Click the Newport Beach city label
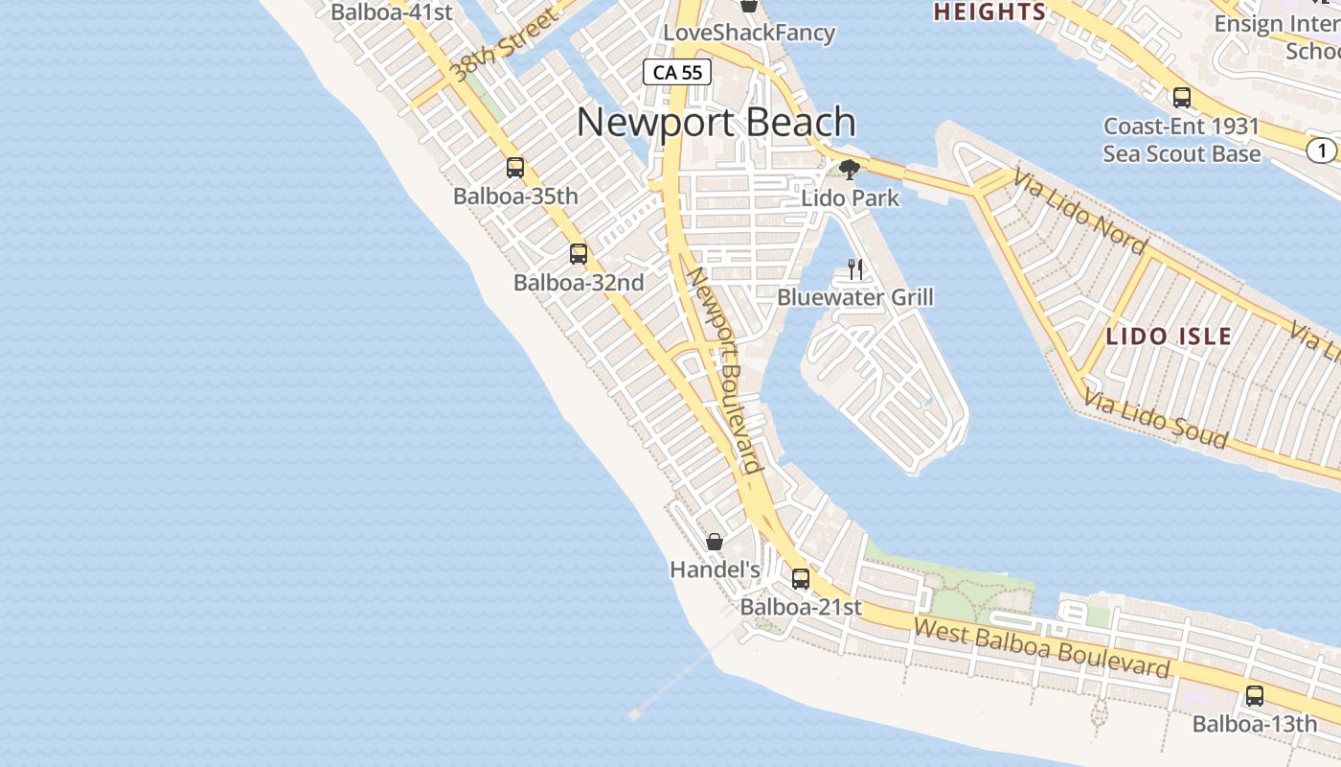pyautogui.click(x=716, y=123)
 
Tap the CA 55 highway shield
pyautogui.click(x=677, y=72)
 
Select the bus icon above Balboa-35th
pyautogui.click(x=515, y=168)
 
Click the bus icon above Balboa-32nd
pyautogui.click(x=579, y=254)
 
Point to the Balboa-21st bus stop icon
pyautogui.click(x=801, y=579)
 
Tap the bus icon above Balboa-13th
pyautogui.click(x=1255, y=697)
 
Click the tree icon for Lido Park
pyautogui.click(x=849, y=170)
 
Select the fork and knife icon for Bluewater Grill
pyautogui.click(x=855, y=269)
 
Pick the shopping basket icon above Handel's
pyautogui.click(x=715, y=542)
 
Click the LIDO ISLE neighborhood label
pyautogui.click(x=1169, y=337)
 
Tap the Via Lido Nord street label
pyautogui.click(x=1081, y=214)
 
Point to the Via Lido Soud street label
pyautogui.click(x=1155, y=420)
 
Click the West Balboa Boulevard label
pyautogui.click(x=1041, y=649)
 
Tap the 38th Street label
pyautogui.click(x=504, y=45)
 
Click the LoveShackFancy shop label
pyautogui.click(x=749, y=33)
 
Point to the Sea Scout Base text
pyautogui.click(x=1181, y=153)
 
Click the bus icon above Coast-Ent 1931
pyautogui.click(x=1182, y=98)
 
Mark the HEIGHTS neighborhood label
pyautogui.click(x=989, y=12)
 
